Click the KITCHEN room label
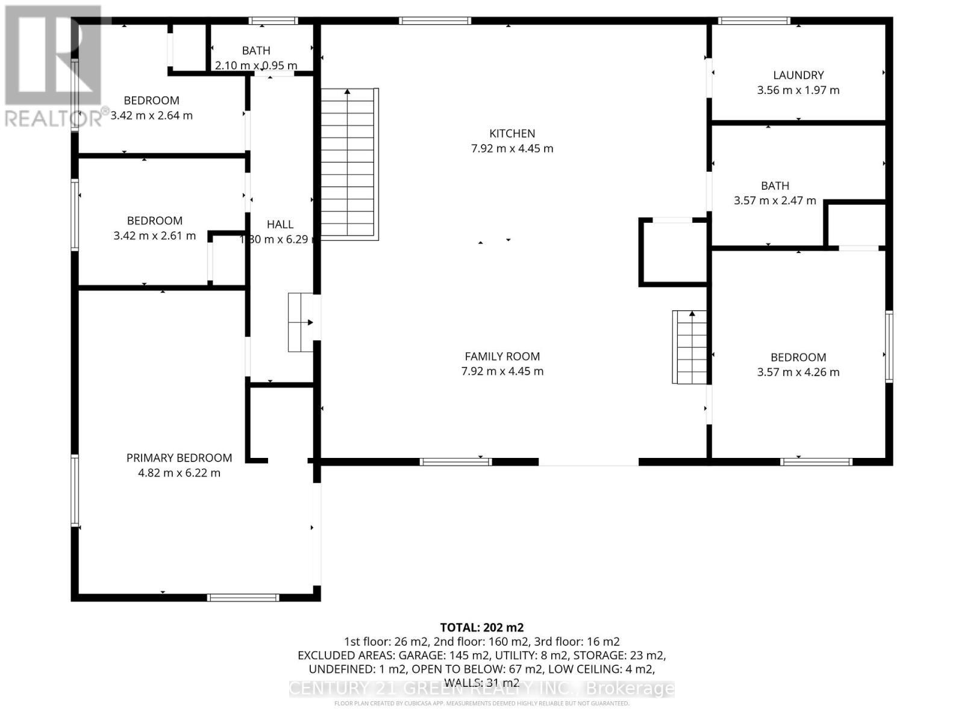[512, 134]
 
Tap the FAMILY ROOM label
[502, 357]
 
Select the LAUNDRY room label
[798, 75]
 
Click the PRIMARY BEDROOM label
[179, 458]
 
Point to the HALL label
[280, 224]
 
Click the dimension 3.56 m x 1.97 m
[798, 90]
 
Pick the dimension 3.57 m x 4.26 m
[798, 372]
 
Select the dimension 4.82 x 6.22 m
[179, 473]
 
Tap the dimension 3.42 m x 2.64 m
[151, 116]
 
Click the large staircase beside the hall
[349, 164]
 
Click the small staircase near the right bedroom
[690, 347]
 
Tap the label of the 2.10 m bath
[256, 51]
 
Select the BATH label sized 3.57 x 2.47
[775, 186]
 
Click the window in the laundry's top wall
[754, 21]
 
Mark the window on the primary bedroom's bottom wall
[243, 598]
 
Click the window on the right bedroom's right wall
[889, 346]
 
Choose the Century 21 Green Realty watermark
[481, 688]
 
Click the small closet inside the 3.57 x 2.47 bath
[855, 224]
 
